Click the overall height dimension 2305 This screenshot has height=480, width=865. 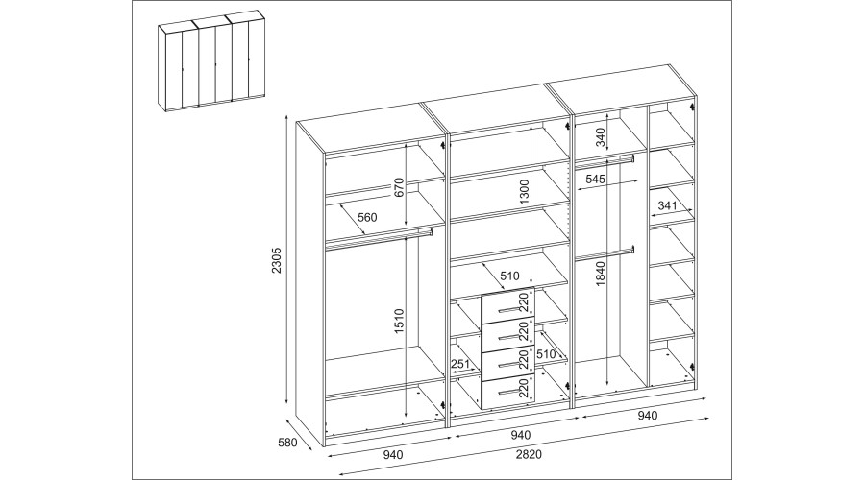277,261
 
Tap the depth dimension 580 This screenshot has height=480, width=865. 287,442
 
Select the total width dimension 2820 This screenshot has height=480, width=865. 529,454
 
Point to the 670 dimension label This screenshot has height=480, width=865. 400,187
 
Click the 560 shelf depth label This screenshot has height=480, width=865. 367,217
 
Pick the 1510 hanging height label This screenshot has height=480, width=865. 400,321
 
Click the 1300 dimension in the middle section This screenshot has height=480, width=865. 524,192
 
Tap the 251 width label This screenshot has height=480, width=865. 459,364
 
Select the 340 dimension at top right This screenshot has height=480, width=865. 601,136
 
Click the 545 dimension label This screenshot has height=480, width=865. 596,179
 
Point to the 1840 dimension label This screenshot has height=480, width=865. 601,273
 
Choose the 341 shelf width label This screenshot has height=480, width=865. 667,205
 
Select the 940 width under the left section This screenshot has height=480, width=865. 393,455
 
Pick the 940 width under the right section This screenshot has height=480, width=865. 647,415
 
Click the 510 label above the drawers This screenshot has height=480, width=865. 509,276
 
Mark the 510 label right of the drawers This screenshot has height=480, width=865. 546,354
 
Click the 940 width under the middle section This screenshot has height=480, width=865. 520,435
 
